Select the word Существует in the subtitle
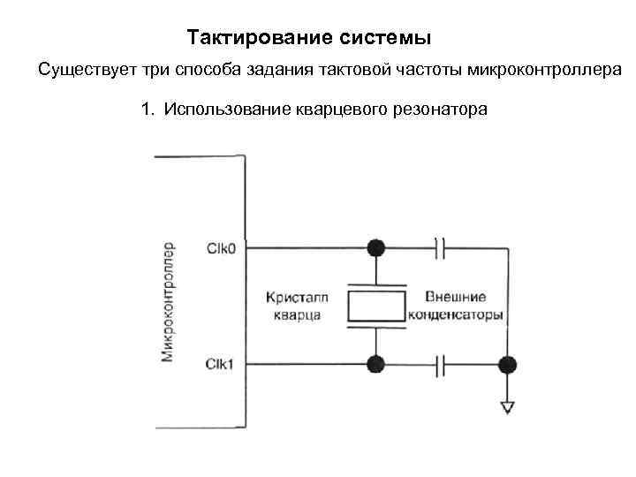pos(83,70)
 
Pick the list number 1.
pos(146,111)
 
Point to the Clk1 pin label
pos(220,363)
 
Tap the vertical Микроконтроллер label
pos(168,301)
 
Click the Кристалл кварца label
pos(294,306)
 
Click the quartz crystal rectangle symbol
pos(377,306)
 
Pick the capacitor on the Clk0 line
pos(443,248)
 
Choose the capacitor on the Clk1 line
pos(443,363)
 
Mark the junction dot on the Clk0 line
pos(377,248)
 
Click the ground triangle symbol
pos(507,407)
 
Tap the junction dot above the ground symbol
pos(507,363)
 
